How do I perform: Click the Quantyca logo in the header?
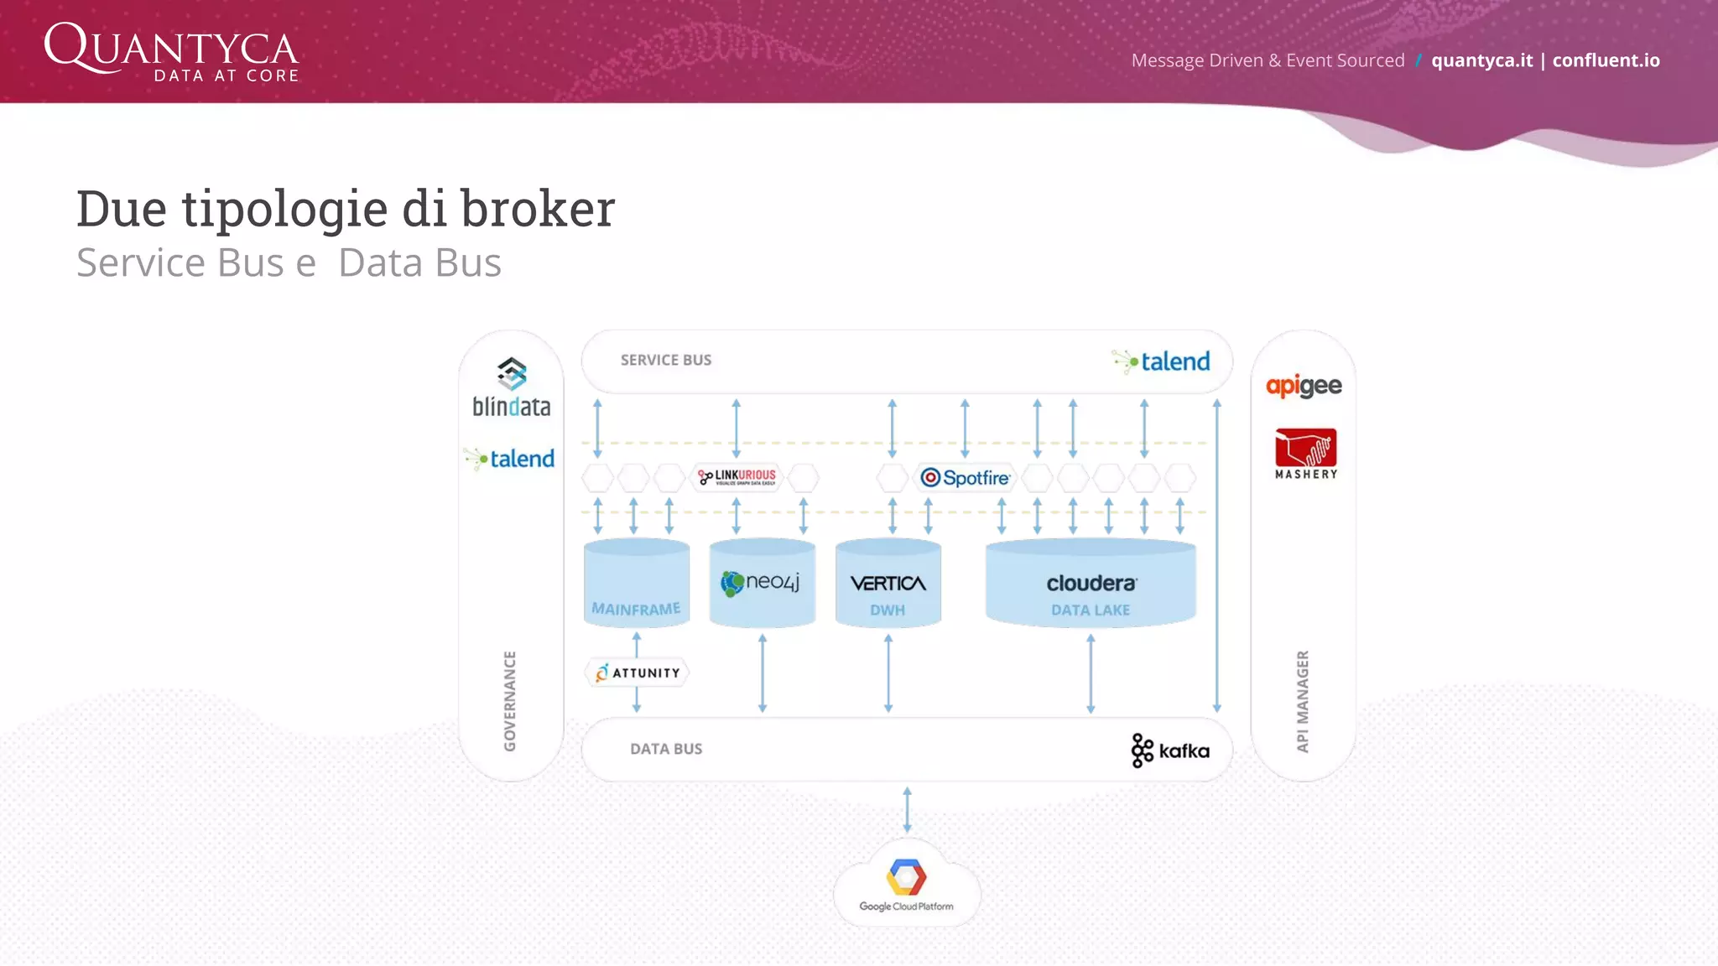click(x=171, y=52)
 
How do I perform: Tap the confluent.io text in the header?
click(x=1606, y=60)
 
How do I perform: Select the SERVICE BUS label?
click(x=665, y=360)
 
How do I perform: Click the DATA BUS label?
click(x=666, y=749)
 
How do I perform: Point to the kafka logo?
click(x=1170, y=750)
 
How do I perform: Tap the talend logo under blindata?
click(x=510, y=459)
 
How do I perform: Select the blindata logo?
click(x=512, y=388)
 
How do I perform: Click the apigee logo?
click(x=1304, y=386)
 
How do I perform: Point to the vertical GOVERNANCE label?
click(x=510, y=701)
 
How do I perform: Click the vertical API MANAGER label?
click(x=1303, y=701)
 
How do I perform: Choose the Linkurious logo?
click(x=737, y=477)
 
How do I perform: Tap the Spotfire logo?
click(x=966, y=478)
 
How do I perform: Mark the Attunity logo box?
click(x=638, y=673)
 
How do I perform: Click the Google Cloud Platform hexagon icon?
click(x=906, y=878)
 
